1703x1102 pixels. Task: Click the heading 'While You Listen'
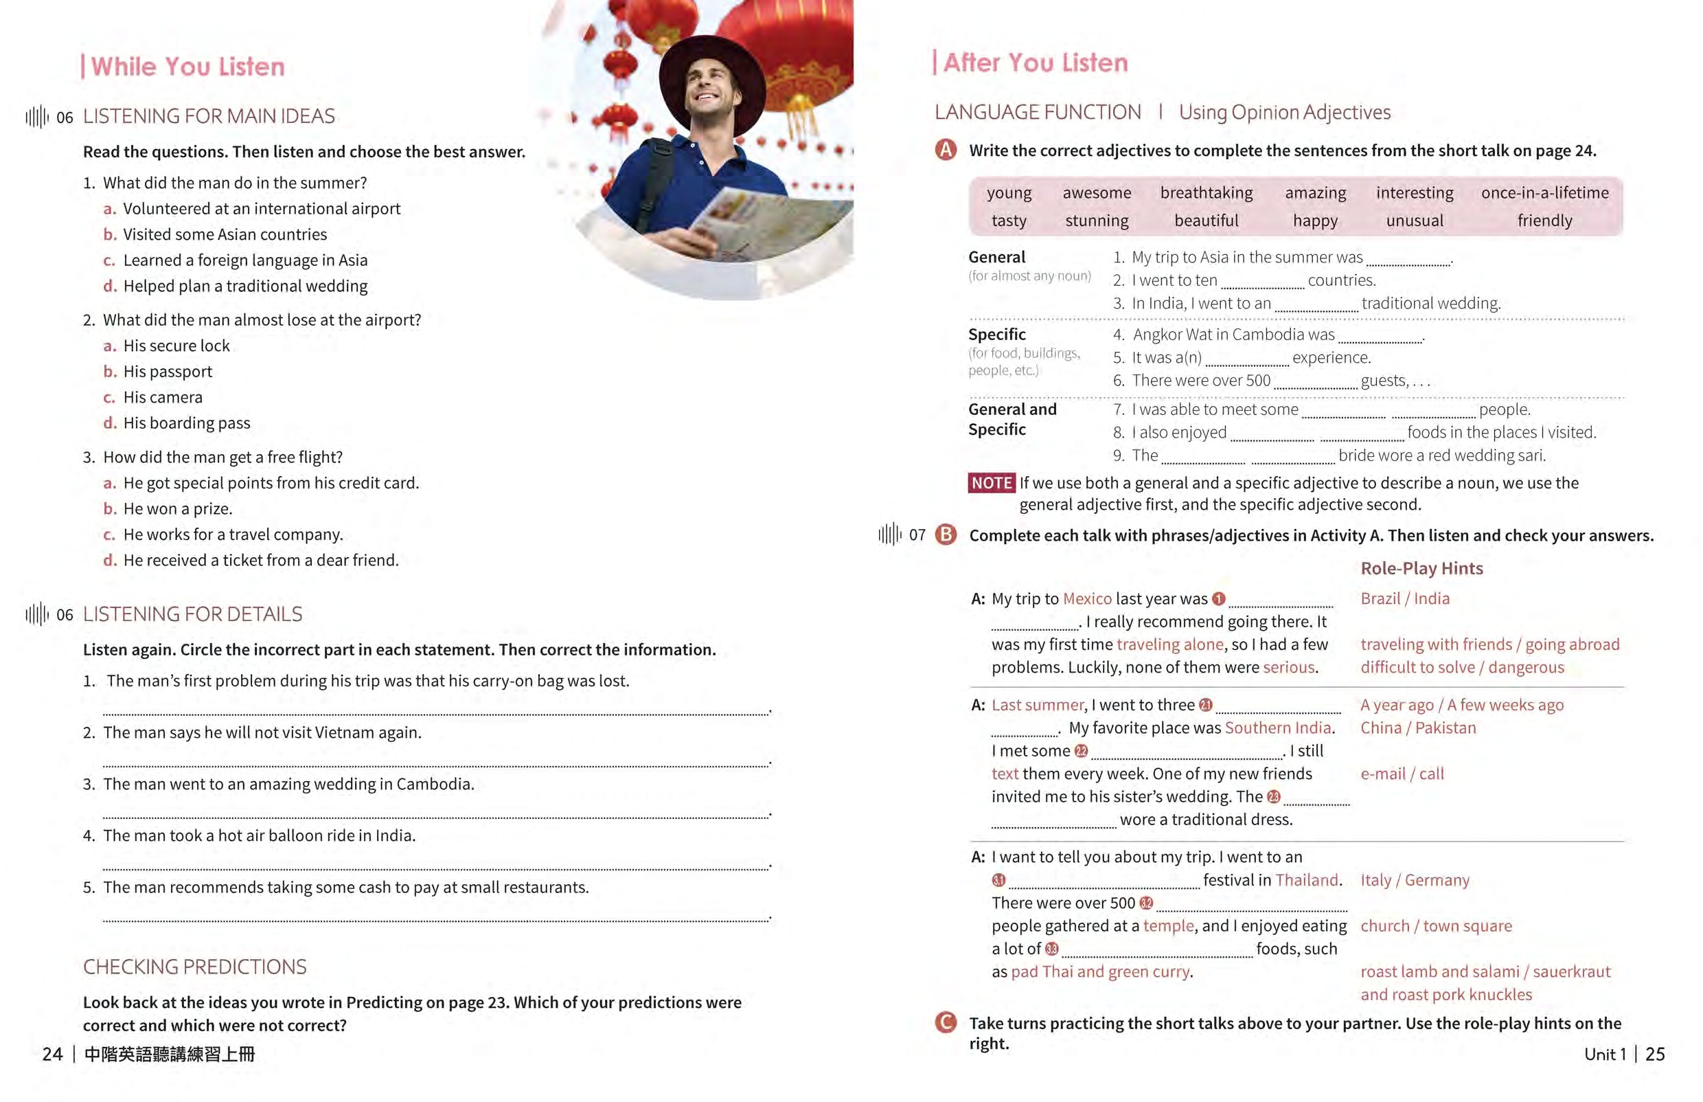coord(187,67)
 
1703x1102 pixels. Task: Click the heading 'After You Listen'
coord(1034,63)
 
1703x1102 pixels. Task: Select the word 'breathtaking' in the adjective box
coord(1206,192)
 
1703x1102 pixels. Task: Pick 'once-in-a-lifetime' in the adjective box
coord(1544,192)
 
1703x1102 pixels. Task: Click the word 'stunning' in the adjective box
coord(1097,221)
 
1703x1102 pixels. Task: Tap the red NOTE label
coord(991,483)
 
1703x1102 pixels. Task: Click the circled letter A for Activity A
coord(946,150)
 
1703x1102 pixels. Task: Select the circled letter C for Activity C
coord(946,1022)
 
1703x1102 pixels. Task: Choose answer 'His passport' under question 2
coord(168,372)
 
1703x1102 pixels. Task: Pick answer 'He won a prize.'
coord(177,509)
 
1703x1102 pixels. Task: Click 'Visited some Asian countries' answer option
coord(225,234)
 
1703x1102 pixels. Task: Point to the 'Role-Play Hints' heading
coord(1421,568)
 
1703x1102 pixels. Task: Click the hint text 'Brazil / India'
coord(1405,598)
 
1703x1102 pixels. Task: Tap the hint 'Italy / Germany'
coord(1414,879)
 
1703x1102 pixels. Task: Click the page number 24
coord(52,1054)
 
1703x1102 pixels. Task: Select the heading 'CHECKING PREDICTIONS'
coord(194,967)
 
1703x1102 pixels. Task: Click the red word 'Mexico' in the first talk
coord(1086,598)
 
